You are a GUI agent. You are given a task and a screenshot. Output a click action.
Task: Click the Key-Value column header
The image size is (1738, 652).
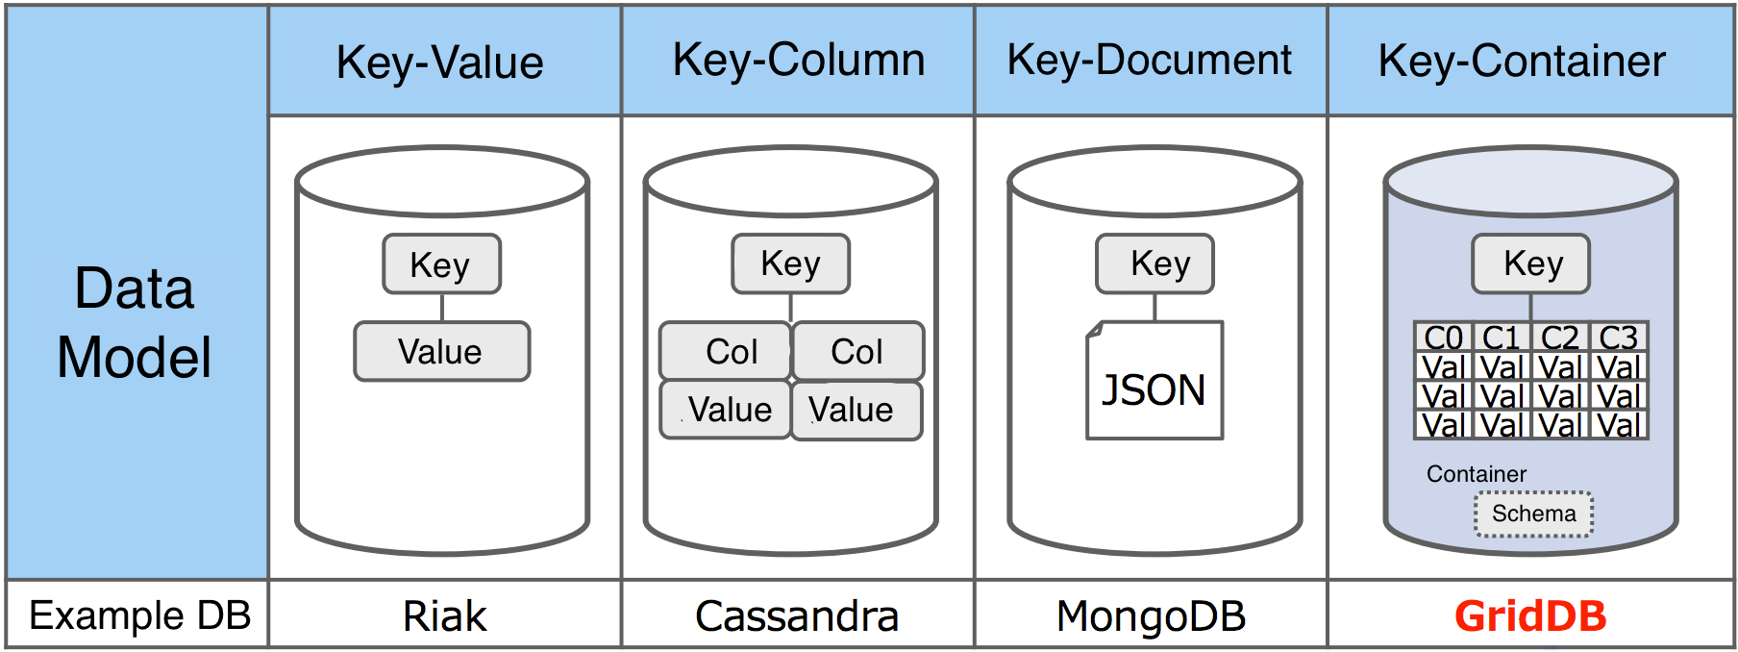pyautogui.click(x=440, y=63)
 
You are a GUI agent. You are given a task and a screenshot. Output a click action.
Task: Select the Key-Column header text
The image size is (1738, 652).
pyautogui.click(x=798, y=61)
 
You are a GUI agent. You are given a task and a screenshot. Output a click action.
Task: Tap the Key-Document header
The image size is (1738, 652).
pyautogui.click(x=1149, y=61)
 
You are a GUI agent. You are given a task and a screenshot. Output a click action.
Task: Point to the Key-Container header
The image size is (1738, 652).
pyautogui.click(x=1522, y=62)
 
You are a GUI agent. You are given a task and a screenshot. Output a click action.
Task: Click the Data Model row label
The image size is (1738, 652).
pyautogui.click(x=135, y=322)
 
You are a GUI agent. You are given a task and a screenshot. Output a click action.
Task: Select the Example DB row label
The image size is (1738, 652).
pyautogui.click(x=139, y=615)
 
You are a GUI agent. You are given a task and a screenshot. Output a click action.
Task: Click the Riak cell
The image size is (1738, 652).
pyautogui.click(x=444, y=615)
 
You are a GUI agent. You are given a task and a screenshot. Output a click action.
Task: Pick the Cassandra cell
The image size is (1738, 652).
pyautogui.click(x=797, y=615)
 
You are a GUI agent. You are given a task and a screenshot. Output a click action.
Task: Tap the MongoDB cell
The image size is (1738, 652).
pyautogui.click(x=1151, y=615)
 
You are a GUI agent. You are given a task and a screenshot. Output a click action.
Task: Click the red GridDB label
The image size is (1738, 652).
pyautogui.click(x=1530, y=615)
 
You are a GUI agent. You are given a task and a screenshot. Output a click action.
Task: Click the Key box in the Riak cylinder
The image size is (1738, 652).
pyautogui.click(x=441, y=264)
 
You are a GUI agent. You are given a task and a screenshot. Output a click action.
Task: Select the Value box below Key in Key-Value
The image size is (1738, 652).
pyautogui.click(x=441, y=352)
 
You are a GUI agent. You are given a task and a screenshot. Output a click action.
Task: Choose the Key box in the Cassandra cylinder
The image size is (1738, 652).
pyautogui.click(x=790, y=263)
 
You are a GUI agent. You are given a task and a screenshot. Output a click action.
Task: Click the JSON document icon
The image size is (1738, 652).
pyautogui.click(x=1155, y=382)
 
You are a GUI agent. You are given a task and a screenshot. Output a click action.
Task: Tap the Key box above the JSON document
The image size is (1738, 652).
pyautogui.click(x=1155, y=263)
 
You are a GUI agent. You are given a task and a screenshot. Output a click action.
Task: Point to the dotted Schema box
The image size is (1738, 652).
pyautogui.click(x=1533, y=514)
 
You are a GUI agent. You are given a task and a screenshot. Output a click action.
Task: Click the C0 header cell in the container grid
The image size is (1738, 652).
pyautogui.click(x=1443, y=338)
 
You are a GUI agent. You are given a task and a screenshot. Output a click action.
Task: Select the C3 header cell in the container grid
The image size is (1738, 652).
pyautogui.click(x=1619, y=338)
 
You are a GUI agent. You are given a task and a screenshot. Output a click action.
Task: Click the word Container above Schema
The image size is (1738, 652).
pyautogui.click(x=1476, y=474)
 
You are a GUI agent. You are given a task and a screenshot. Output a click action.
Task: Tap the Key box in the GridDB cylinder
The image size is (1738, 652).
pyautogui.click(x=1530, y=263)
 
